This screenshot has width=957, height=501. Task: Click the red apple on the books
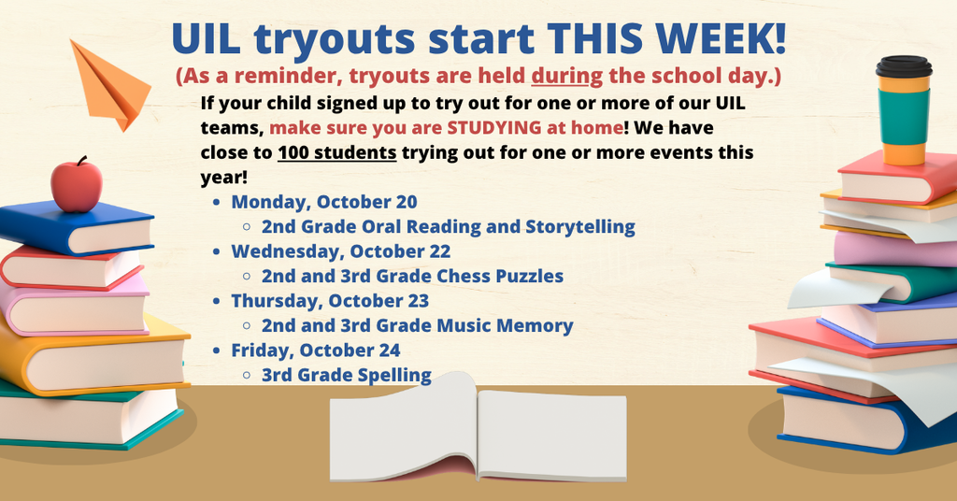click(x=77, y=186)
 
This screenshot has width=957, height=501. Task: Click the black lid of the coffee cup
click(x=904, y=66)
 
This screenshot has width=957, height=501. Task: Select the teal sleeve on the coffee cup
click(x=904, y=117)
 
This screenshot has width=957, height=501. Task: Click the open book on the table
click(x=478, y=427)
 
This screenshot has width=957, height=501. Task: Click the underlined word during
click(x=567, y=77)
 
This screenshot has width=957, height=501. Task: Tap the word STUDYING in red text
click(x=493, y=127)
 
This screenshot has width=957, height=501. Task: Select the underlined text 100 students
click(x=336, y=152)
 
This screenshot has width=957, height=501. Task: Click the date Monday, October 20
click(x=324, y=202)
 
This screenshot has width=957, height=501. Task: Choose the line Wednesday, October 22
click(x=340, y=251)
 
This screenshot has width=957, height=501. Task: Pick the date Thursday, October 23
click(x=330, y=301)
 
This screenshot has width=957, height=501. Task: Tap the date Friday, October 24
click(x=316, y=351)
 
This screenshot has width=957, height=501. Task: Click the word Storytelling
click(x=579, y=227)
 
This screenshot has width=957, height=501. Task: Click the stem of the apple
click(x=81, y=161)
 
